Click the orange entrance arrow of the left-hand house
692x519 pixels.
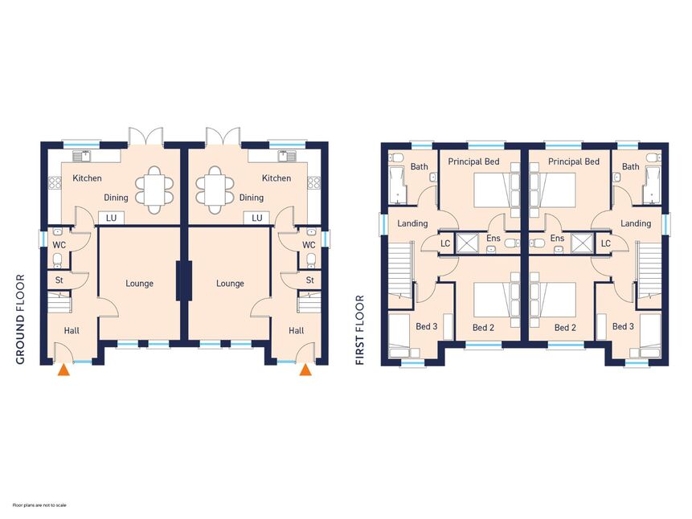pos(64,370)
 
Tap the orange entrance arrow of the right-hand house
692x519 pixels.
pos(305,370)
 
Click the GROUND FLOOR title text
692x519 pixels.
pos(20,320)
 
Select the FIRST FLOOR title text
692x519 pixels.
pos(360,330)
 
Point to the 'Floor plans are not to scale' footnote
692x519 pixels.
pos(39,505)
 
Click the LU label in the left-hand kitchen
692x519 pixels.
pos(111,218)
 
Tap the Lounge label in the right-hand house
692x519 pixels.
pos(230,284)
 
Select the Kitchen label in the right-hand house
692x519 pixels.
pos(276,178)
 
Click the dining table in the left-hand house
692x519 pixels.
pos(154,190)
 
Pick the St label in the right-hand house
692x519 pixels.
pos(309,280)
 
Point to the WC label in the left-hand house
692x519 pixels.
pos(59,245)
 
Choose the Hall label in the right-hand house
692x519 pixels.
pos(296,330)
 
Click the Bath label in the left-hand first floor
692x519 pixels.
pos(420,167)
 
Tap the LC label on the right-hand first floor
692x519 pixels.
pos(605,243)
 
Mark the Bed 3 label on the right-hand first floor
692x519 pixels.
pos(623,326)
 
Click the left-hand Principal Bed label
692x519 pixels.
pos(473,162)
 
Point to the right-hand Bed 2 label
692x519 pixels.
pos(565,328)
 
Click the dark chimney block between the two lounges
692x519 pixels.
pos(184,281)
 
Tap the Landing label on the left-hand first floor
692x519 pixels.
pos(412,224)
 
